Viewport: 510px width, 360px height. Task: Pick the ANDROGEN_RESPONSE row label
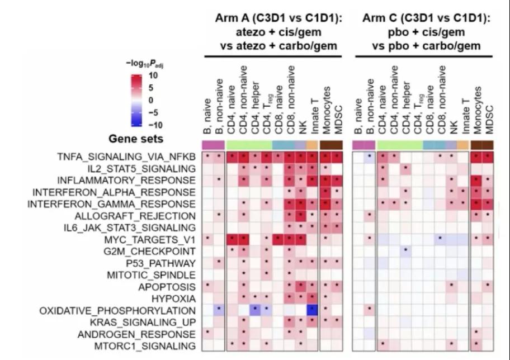[x=144, y=334]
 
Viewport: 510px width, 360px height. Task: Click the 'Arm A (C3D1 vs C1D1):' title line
[x=278, y=18]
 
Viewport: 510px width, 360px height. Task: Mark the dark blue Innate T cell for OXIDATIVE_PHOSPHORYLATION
[x=311, y=310]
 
